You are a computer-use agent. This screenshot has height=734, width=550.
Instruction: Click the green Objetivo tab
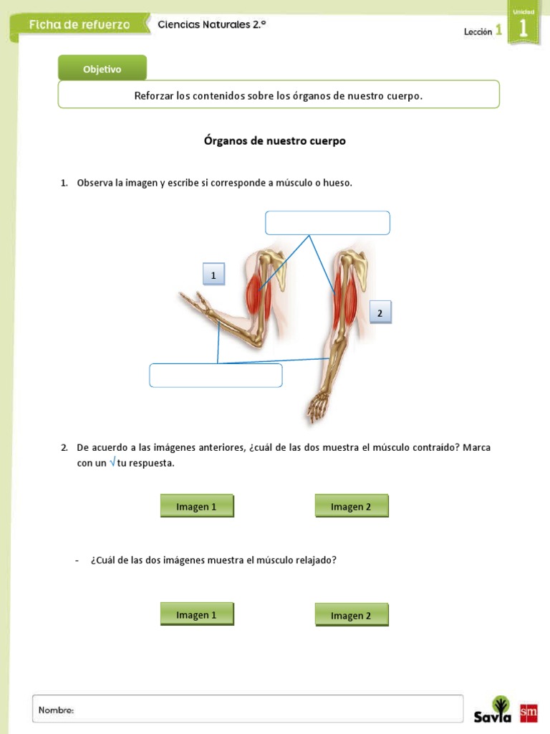[x=102, y=69]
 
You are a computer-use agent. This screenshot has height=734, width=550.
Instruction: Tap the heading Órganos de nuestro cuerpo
[x=275, y=140]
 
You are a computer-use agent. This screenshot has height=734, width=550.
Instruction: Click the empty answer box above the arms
[x=327, y=223]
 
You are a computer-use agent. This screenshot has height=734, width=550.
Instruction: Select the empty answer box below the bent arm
[x=216, y=376]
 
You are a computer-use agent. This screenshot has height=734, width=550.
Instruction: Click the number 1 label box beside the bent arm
[x=213, y=275]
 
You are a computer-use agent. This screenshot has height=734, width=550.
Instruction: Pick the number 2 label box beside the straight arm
[x=380, y=313]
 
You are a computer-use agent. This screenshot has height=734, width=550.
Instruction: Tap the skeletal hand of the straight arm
[x=316, y=408]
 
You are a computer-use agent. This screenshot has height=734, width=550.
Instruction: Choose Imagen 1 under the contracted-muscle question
[x=197, y=507]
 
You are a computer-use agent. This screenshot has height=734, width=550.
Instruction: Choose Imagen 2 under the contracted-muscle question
[x=351, y=507]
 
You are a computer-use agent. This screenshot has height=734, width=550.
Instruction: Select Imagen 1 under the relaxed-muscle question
[x=197, y=615]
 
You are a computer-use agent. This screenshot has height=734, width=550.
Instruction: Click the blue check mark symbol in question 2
[x=112, y=462]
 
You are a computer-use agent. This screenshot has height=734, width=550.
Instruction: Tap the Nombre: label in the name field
[x=57, y=710]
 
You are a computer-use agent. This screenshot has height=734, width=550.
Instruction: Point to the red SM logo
[x=529, y=712]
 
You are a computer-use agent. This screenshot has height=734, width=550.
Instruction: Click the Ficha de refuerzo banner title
[x=80, y=24]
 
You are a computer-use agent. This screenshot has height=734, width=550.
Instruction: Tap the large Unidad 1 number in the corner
[x=523, y=27]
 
